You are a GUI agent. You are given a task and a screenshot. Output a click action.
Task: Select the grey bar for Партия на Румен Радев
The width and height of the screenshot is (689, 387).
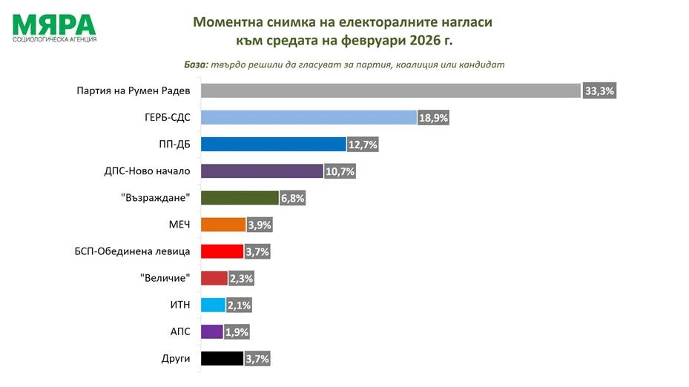point(390,90)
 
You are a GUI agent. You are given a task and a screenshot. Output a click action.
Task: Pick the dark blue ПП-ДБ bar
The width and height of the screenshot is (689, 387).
point(274,144)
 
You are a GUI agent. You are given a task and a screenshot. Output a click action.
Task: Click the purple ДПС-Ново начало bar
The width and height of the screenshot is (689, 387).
point(262,171)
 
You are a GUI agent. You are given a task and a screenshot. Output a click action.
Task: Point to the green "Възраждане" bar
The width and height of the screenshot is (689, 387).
point(239,198)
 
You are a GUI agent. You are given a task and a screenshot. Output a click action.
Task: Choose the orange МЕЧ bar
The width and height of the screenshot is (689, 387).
point(222,225)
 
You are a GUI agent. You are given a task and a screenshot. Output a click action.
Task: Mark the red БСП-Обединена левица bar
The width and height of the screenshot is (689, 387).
point(222,251)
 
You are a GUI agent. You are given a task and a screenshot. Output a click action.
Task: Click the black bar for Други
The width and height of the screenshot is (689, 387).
point(222,359)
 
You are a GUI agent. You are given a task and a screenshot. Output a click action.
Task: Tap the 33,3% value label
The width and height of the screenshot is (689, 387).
point(600,91)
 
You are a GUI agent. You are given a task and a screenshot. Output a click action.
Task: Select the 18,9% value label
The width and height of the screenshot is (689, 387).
point(434,118)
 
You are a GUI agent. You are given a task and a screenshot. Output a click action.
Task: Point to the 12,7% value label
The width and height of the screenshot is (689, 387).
point(363,145)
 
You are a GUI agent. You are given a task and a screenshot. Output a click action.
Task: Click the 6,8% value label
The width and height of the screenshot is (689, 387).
point(291,198)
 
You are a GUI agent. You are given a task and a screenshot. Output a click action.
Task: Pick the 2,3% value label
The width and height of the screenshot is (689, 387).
point(241,279)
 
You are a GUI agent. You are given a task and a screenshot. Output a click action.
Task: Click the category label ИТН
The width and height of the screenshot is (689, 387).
point(180,305)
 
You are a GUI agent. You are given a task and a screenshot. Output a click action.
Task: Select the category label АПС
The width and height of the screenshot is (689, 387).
point(180,331)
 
